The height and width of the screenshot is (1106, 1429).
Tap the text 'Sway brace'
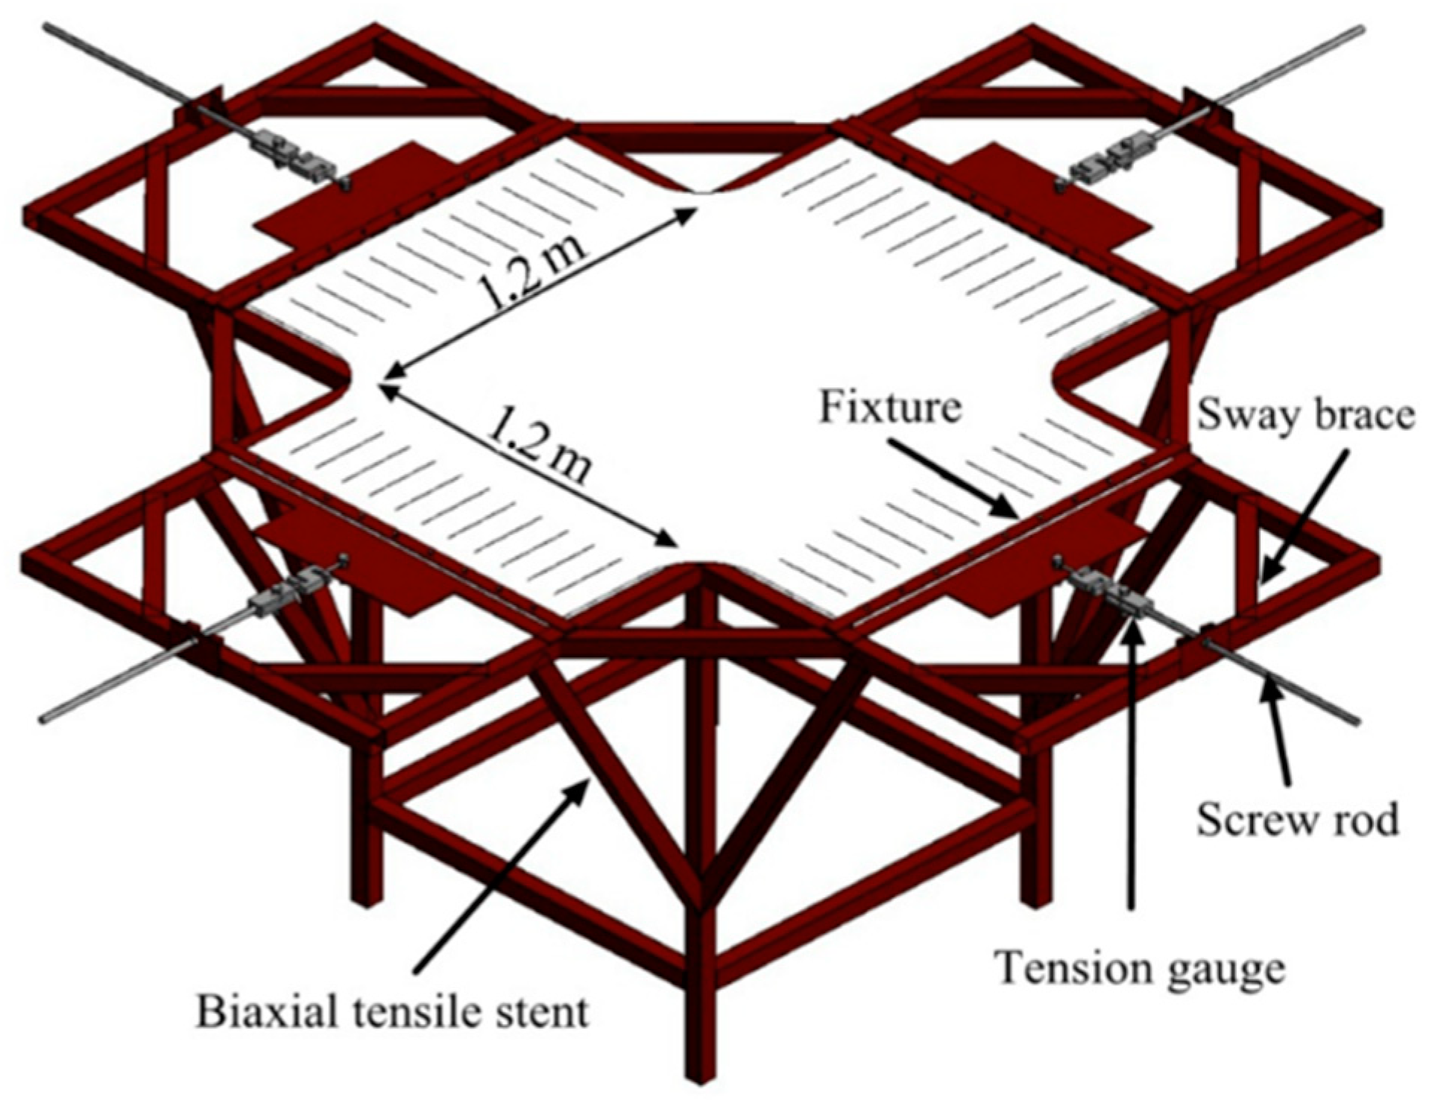pos(1305,416)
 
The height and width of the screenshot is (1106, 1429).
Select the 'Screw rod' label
pos(1297,820)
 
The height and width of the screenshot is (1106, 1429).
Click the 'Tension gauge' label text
pos(1141,969)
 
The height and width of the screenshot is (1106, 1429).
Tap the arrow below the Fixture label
pos(954,481)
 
